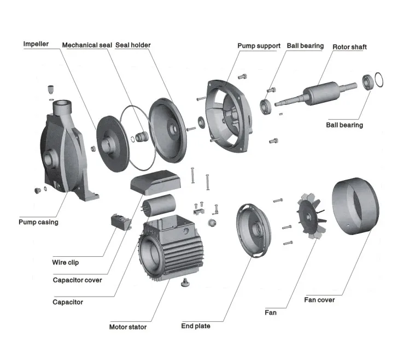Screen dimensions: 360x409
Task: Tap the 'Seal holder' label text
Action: pos(133,45)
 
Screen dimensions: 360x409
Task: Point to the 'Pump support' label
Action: pos(259,46)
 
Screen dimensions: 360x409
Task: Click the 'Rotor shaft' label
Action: pos(349,47)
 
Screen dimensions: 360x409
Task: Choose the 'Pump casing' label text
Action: pos(38,222)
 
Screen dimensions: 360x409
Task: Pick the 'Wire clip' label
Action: pos(66,262)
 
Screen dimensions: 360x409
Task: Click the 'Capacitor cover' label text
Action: pos(77,280)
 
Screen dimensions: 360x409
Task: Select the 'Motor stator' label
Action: pos(128,327)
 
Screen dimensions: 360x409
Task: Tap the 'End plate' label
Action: pos(196,326)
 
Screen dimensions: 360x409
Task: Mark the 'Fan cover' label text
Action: pos(319,300)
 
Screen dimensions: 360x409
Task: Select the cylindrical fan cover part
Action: pos(355,207)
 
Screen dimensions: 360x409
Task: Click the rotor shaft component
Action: pos(317,92)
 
